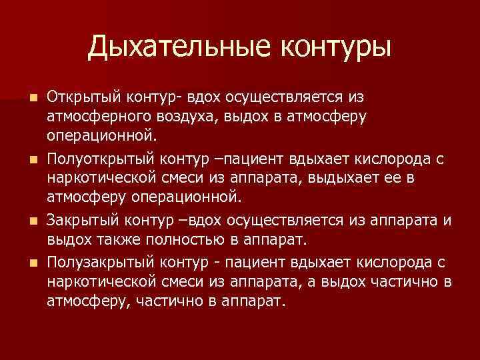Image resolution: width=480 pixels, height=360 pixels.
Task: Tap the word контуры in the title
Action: (335, 47)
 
